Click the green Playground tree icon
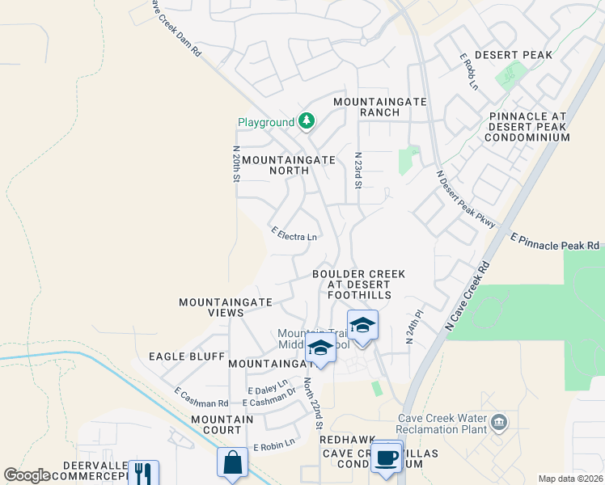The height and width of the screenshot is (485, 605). tap(307, 122)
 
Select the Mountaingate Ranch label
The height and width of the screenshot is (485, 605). tap(367, 107)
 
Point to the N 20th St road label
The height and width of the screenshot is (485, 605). tap(236, 163)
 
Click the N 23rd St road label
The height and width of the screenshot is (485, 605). tap(357, 170)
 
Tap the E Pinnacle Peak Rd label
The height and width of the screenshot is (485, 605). tap(555, 242)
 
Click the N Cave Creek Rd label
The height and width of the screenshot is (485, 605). tap(467, 295)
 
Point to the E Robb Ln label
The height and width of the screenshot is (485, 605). tap(468, 72)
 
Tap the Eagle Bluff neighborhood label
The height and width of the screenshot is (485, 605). tap(175, 356)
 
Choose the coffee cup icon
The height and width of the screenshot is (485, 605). tap(387, 456)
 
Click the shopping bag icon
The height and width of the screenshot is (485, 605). tap(232, 464)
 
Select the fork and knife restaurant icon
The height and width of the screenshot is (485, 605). tap(143, 474)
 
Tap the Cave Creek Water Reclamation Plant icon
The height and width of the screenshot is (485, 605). tap(498, 421)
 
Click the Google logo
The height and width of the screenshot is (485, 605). tap(27, 476)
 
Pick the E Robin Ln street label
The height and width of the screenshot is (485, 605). tap(273, 446)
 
